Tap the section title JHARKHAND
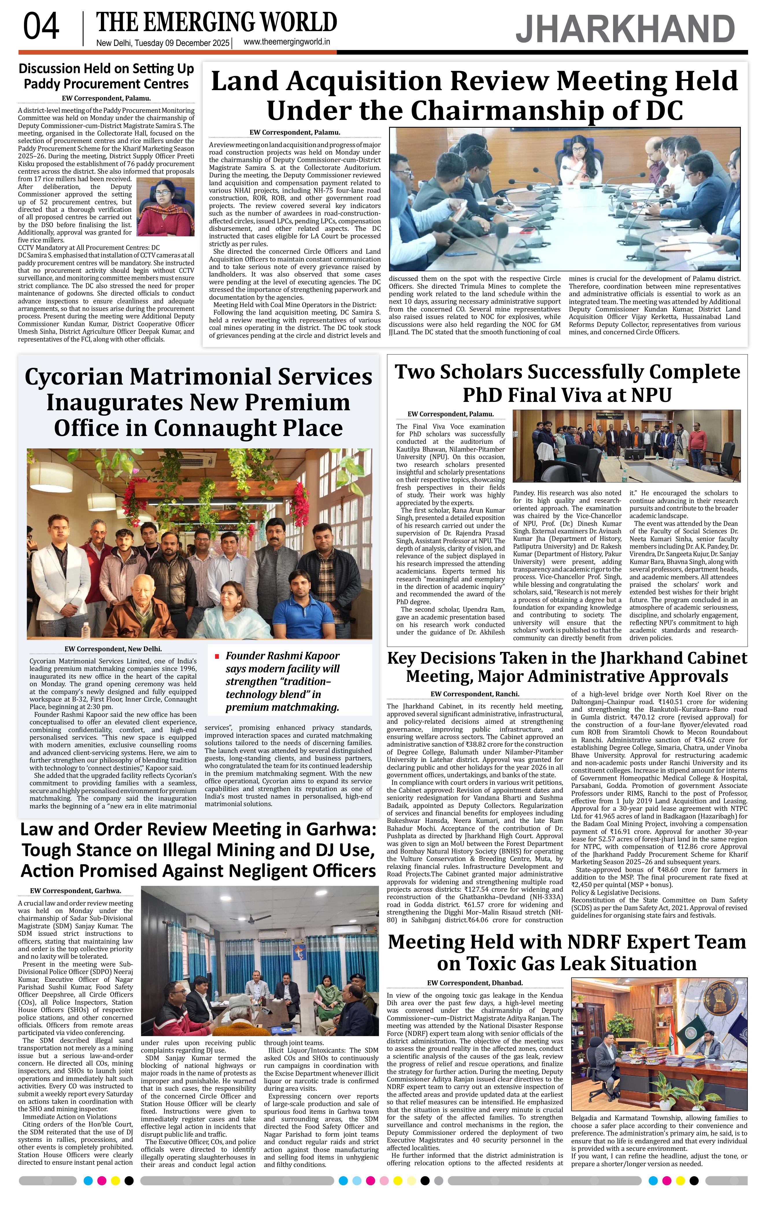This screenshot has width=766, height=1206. point(625,29)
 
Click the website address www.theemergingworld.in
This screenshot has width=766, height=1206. point(286,42)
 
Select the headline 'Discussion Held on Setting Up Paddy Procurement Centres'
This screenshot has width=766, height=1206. point(106,76)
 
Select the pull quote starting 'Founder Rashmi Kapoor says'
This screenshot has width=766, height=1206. point(282,681)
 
